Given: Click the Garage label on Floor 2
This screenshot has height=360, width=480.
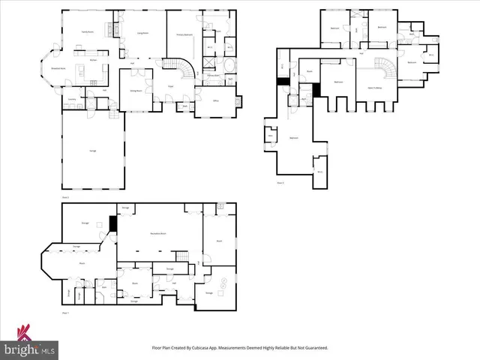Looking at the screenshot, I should [x=92, y=151].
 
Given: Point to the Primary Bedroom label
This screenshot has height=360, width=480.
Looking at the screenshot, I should [x=185, y=34].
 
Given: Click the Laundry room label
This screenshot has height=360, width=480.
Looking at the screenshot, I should [x=73, y=98].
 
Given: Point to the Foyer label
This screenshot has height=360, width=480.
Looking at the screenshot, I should [x=170, y=85].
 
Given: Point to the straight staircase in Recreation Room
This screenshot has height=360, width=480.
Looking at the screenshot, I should [x=199, y=259].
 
